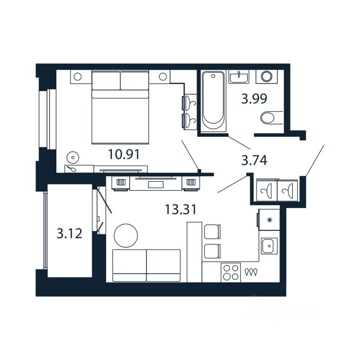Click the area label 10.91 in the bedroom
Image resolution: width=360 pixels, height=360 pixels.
click(124, 154)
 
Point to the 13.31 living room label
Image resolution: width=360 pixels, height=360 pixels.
click(181, 209)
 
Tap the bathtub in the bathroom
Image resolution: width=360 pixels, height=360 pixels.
click(213, 98)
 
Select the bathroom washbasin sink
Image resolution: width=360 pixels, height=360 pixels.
click(239, 77)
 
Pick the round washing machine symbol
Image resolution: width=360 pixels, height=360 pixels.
click(267, 77)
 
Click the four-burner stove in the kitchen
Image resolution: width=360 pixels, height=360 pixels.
click(230, 273)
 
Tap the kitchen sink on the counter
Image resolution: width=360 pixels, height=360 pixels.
click(269, 246)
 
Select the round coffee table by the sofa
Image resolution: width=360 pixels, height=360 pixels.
click(126, 235)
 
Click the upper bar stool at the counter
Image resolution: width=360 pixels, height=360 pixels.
click(212, 231)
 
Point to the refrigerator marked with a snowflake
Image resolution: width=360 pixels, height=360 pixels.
click(268, 220)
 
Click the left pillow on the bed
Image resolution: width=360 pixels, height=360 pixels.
click(106, 80)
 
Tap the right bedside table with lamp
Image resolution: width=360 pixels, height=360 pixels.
click(162, 77)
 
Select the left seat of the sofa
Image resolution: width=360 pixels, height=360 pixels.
click(129, 265)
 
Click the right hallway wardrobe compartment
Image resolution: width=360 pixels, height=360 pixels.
click(287, 190)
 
